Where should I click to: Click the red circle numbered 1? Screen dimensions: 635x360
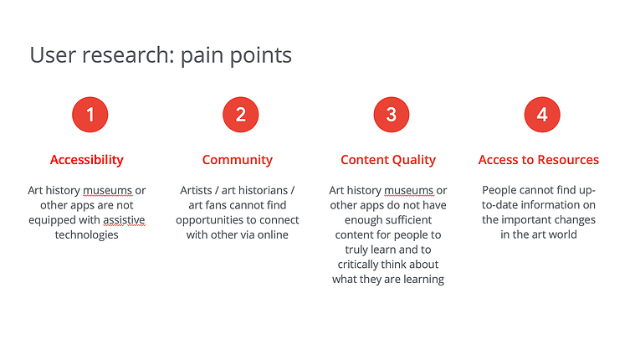(90, 115)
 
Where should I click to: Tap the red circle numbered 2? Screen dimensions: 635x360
(241, 115)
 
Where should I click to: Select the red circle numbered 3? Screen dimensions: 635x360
(392, 115)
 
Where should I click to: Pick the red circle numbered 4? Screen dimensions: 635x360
(542, 115)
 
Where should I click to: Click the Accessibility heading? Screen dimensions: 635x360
(87, 160)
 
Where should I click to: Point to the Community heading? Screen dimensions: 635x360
(238, 160)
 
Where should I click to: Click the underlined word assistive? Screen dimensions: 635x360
(124, 219)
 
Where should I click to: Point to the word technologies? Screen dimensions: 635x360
(87, 234)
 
